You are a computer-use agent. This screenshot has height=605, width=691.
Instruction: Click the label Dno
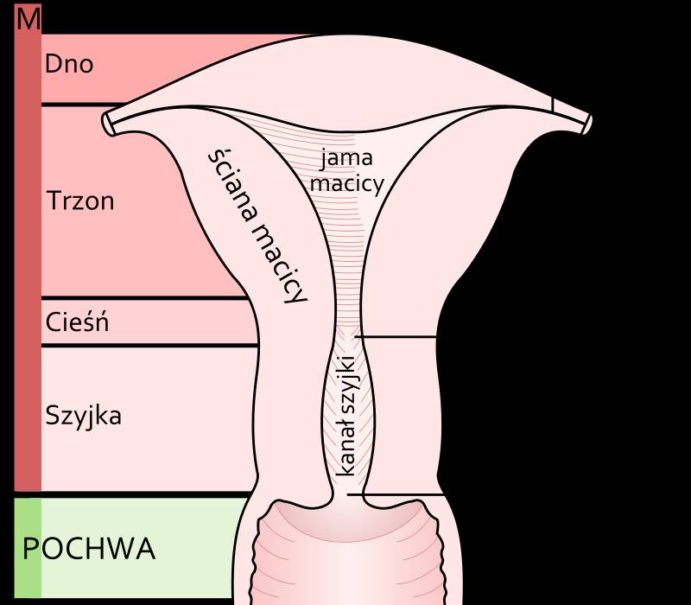(x=69, y=64)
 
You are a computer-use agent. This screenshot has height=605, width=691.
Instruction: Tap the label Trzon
(x=80, y=201)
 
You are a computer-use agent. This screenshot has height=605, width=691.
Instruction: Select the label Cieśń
(x=77, y=322)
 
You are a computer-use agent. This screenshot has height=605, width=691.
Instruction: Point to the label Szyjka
(x=83, y=416)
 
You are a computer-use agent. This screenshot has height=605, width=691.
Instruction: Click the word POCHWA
(x=89, y=549)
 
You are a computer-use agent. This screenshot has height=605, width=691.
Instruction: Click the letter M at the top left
(x=29, y=19)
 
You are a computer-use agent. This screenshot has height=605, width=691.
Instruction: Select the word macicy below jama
(x=347, y=184)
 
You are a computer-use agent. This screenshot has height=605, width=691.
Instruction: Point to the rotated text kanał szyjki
(x=345, y=416)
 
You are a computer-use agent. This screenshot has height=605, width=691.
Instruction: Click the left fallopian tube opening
(x=108, y=124)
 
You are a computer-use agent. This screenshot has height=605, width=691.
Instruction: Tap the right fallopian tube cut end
(x=587, y=124)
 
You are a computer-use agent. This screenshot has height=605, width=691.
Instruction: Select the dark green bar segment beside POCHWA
(x=28, y=548)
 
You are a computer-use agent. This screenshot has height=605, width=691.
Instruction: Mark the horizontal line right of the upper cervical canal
(x=396, y=337)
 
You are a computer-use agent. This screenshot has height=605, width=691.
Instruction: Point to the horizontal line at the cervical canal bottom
(x=396, y=494)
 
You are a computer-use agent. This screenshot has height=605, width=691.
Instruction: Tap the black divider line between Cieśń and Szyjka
(x=149, y=345)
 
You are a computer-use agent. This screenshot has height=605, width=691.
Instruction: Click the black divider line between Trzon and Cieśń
(x=144, y=298)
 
